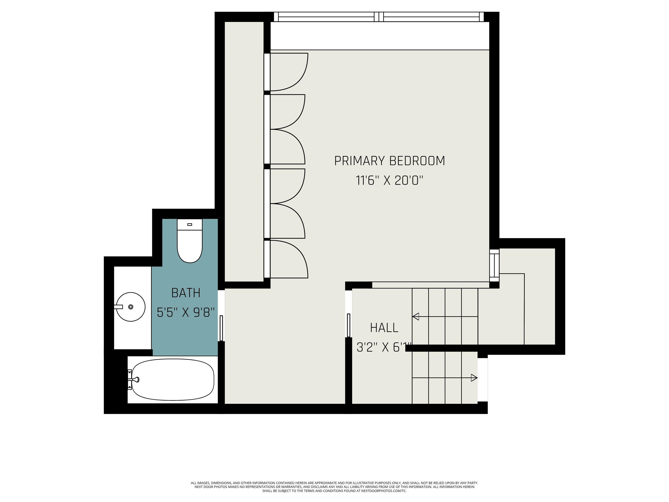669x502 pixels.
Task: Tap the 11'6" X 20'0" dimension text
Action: [x=390, y=181]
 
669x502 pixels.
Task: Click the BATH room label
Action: [x=186, y=293]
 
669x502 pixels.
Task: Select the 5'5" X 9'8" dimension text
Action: [x=186, y=312]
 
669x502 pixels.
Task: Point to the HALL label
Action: [x=384, y=328]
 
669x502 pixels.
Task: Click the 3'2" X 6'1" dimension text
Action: [x=384, y=347]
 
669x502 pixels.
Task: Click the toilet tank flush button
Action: [x=190, y=224]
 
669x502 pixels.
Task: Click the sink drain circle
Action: [x=131, y=307]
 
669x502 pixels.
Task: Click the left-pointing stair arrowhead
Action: [x=416, y=317]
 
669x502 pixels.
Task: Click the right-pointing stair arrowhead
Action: [x=474, y=378]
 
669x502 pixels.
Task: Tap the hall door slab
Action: [x=348, y=325]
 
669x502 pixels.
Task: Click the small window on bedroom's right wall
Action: [x=494, y=265]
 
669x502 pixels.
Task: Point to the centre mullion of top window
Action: [x=379, y=17]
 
